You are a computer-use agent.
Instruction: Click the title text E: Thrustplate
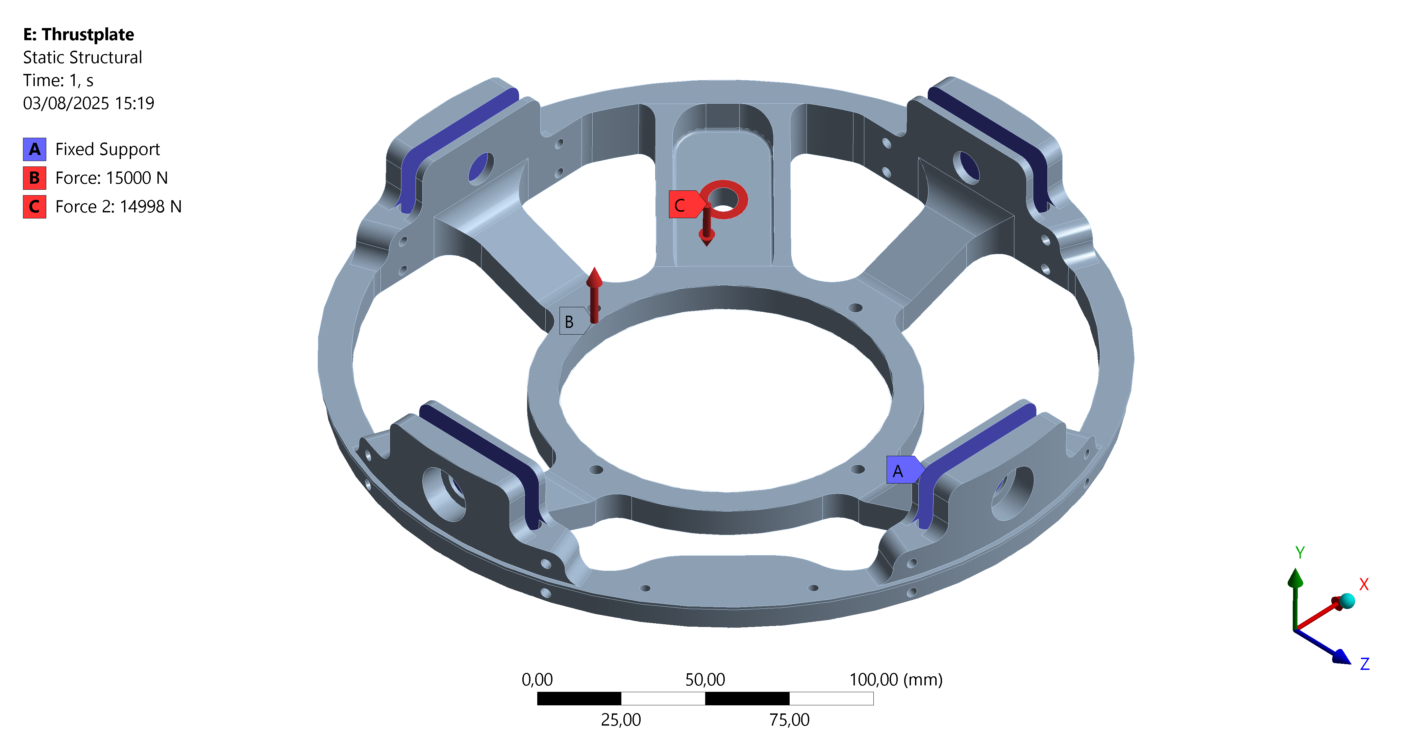(78, 34)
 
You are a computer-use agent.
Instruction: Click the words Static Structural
(82, 57)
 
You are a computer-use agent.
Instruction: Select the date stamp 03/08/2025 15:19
(88, 103)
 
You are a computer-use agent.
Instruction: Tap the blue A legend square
(34, 149)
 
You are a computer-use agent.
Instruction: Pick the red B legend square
(34, 178)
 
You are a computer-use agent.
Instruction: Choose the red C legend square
(34, 206)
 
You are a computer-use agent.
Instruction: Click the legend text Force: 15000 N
(111, 178)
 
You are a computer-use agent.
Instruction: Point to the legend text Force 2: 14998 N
(118, 206)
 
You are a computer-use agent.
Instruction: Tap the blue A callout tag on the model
(901, 470)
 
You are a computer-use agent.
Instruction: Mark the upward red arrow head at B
(594, 277)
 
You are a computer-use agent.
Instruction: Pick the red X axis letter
(1364, 584)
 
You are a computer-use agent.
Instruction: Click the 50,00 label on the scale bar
(705, 679)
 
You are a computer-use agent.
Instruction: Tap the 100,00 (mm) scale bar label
(896, 679)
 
